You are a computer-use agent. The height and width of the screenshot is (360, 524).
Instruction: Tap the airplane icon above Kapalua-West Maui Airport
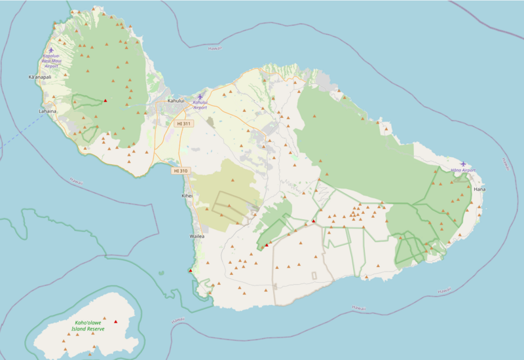tap(51, 50)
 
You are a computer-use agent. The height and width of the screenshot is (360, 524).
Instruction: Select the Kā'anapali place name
tap(40, 77)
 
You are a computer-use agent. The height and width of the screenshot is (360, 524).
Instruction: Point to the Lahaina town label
tap(48, 111)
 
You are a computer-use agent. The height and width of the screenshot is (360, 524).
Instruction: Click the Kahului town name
tap(176, 101)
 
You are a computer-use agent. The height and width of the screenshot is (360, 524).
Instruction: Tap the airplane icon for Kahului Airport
tap(200, 97)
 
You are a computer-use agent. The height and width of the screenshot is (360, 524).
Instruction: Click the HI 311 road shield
tap(184, 123)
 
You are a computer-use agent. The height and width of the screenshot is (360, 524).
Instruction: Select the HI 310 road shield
tap(181, 171)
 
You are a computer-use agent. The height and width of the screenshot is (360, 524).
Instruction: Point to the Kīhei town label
tap(187, 196)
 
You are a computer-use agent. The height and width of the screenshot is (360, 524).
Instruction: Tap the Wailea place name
tap(197, 236)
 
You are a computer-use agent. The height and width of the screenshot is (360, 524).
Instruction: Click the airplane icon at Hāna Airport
tap(464, 164)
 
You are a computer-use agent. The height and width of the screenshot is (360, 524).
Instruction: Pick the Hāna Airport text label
tap(463, 170)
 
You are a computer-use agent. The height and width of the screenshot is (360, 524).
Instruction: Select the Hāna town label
tap(479, 189)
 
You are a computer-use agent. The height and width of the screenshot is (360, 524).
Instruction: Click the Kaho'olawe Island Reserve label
tap(89, 326)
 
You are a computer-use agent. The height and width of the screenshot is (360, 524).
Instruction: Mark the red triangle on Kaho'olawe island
tap(116, 321)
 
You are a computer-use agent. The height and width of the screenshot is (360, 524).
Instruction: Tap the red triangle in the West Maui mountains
tap(105, 100)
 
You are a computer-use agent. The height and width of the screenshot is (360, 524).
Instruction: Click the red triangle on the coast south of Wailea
tap(191, 270)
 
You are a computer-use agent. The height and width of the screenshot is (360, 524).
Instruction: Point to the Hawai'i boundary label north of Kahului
tap(214, 48)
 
